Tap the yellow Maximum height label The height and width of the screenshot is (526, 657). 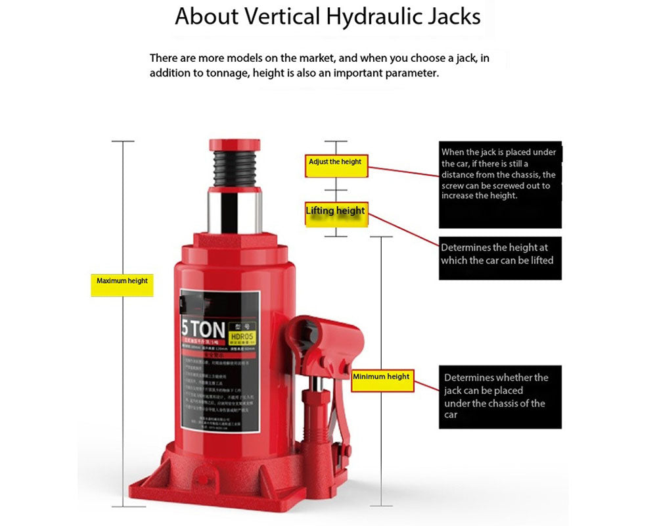tap(122, 281)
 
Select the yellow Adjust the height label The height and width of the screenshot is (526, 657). tap(335, 162)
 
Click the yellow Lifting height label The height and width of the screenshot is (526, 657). tap(336, 211)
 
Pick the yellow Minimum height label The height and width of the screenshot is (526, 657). tap(382, 377)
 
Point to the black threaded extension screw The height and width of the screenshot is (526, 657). tap(235, 169)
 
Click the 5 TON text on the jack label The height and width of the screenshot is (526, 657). tap(204, 327)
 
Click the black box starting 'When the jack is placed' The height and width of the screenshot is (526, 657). tap(500, 184)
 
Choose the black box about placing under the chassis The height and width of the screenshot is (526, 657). tap(500, 396)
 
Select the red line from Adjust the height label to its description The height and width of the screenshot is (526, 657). tap(401, 170)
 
